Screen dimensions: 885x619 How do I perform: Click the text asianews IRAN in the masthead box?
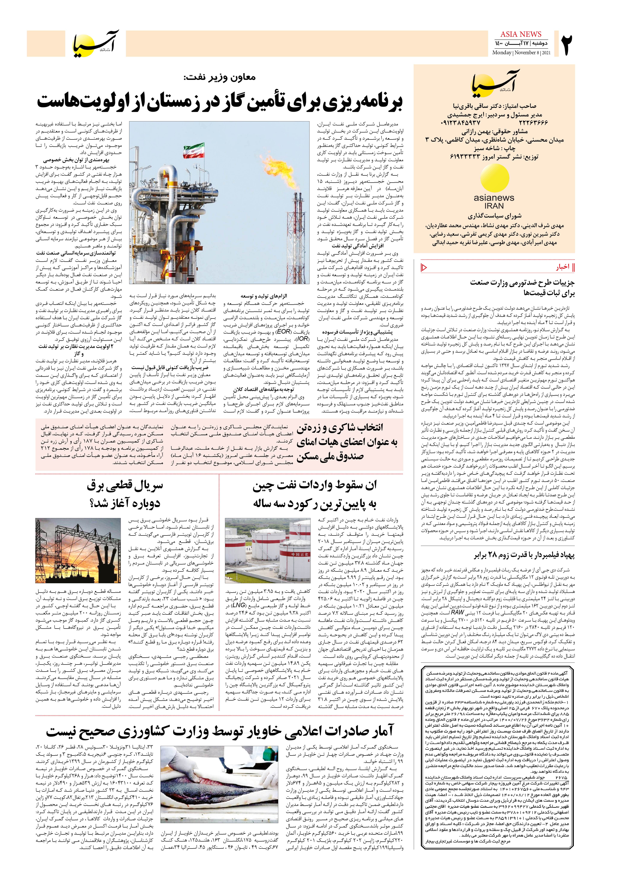coord(494,202)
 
